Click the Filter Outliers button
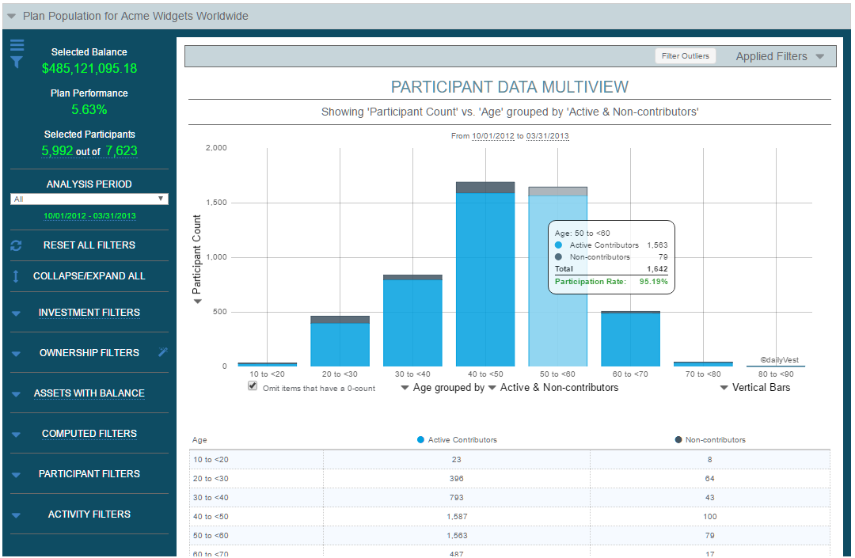(x=686, y=56)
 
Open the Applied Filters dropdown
(x=779, y=56)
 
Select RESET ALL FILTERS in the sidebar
(x=89, y=245)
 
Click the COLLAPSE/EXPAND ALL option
(x=89, y=276)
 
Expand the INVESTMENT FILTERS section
(x=89, y=313)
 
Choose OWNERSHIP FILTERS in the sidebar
(x=89, y=353)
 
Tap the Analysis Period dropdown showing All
(x=89, y=199)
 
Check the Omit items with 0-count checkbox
(x=253, y=386)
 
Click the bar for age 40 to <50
(x=485, y=277)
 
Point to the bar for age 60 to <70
(x=630, y=340)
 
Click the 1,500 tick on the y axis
(x=215, y=203)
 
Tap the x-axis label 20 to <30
(x=340, y=374)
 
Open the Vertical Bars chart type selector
(x=755, y=388)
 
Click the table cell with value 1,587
(x=456, y=516)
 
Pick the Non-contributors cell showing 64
(x=709, y=478)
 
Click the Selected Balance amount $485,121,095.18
(x=89, y=68)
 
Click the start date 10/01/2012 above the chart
(x=492, y=136)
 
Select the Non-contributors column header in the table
(x=715, y=440)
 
